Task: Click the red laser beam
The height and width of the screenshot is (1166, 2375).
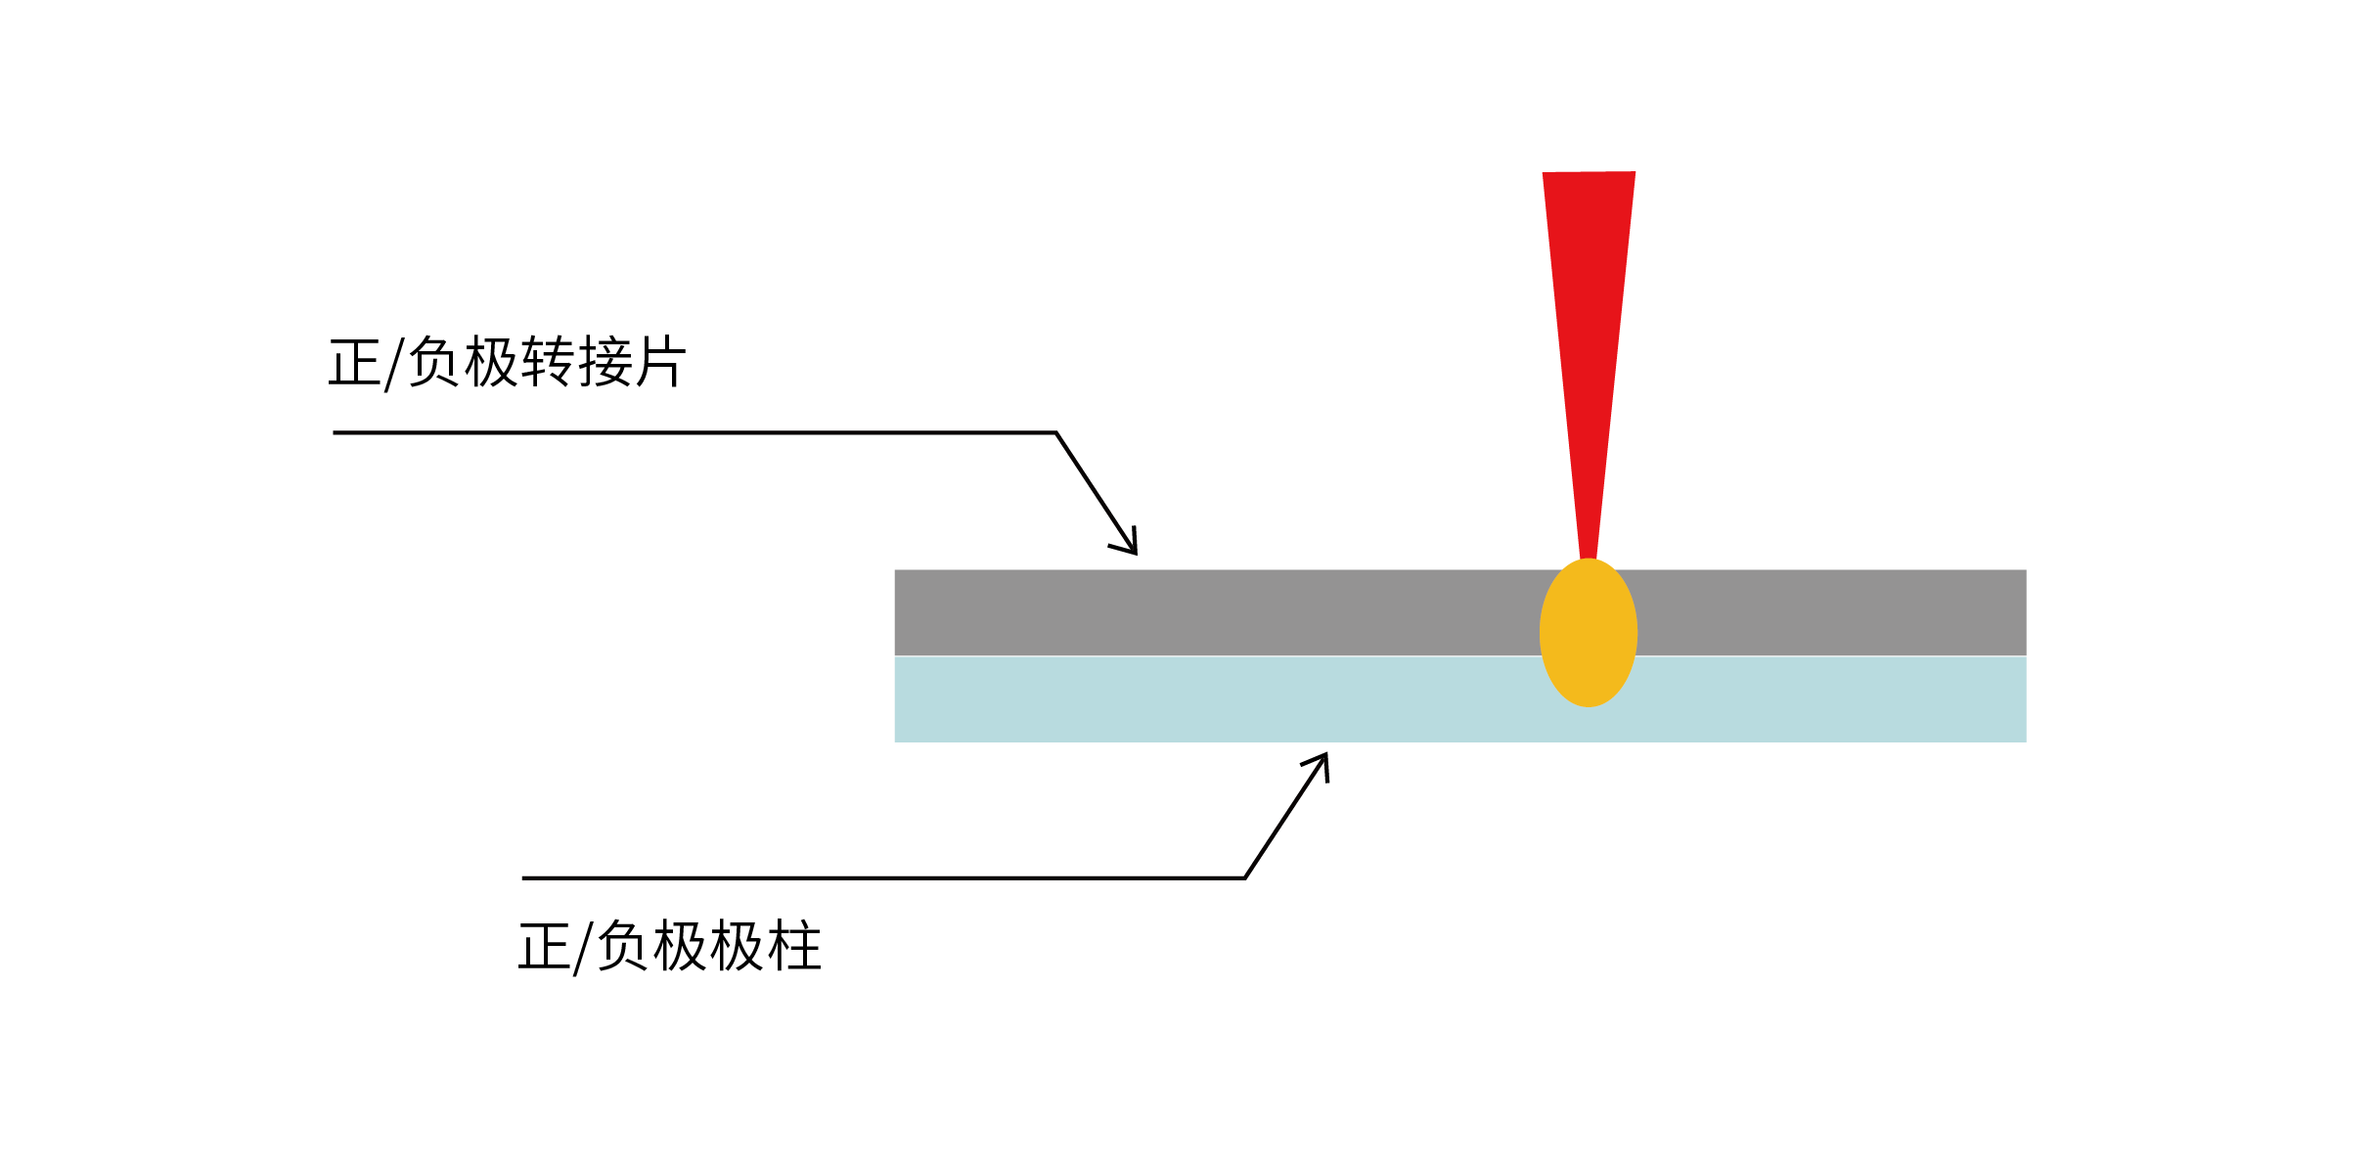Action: pos(1589,342)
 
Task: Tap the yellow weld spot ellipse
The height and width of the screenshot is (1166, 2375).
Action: pos(1589,632)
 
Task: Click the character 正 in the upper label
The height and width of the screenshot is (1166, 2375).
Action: pos(354,363)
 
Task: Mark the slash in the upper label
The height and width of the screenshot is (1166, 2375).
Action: pos(393,365)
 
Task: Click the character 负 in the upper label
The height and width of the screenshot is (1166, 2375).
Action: pos(433,363)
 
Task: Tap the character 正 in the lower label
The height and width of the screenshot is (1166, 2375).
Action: pos(545,947)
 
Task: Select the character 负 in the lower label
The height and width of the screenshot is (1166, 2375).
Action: pos(623,947)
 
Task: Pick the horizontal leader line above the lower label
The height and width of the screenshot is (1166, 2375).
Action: pos(880,877)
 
